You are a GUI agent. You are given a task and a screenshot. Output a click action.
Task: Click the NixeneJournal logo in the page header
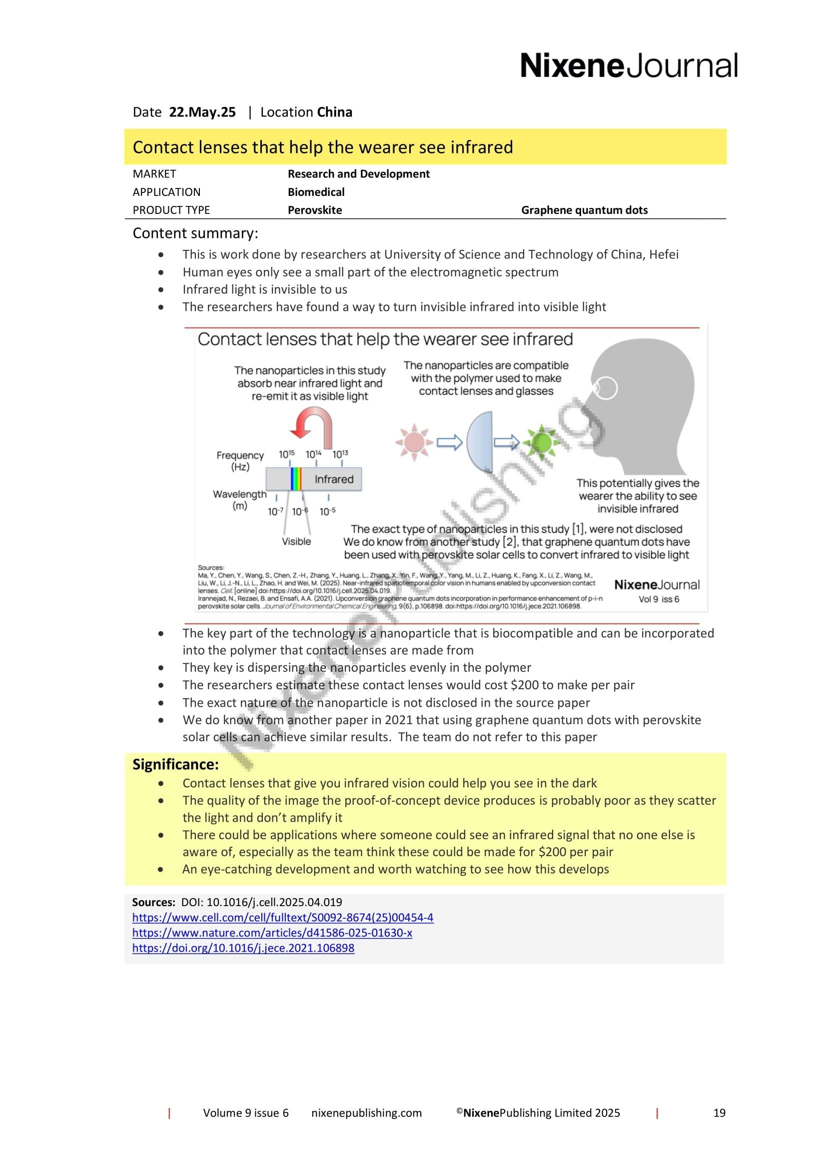point(629,65)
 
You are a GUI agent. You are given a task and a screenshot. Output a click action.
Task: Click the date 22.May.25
point(202,112)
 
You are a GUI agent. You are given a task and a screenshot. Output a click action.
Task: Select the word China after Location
point(334,112)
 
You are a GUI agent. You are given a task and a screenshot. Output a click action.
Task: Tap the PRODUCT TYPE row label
point(171,210)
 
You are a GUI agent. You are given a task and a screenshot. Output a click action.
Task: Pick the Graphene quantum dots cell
point(584,210)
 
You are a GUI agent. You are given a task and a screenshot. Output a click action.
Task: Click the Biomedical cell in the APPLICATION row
point(316,192)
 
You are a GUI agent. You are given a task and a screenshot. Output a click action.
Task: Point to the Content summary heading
point(195,233)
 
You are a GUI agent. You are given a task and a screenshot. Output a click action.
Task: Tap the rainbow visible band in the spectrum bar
point(296,479)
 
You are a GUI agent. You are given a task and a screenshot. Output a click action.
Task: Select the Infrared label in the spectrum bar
point(334,479)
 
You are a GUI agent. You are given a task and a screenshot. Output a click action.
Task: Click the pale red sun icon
point(414,442)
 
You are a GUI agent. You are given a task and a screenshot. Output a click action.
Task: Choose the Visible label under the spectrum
point(296,541)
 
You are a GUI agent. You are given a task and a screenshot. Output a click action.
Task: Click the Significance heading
point(175,764)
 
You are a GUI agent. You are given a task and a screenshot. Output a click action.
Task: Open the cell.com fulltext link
point(282,918)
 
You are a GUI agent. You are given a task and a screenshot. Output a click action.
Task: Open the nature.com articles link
point(272,933)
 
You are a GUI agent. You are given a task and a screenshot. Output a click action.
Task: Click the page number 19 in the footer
point(719,1113)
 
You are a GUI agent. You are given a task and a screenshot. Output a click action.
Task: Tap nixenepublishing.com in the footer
point(366,1113)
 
